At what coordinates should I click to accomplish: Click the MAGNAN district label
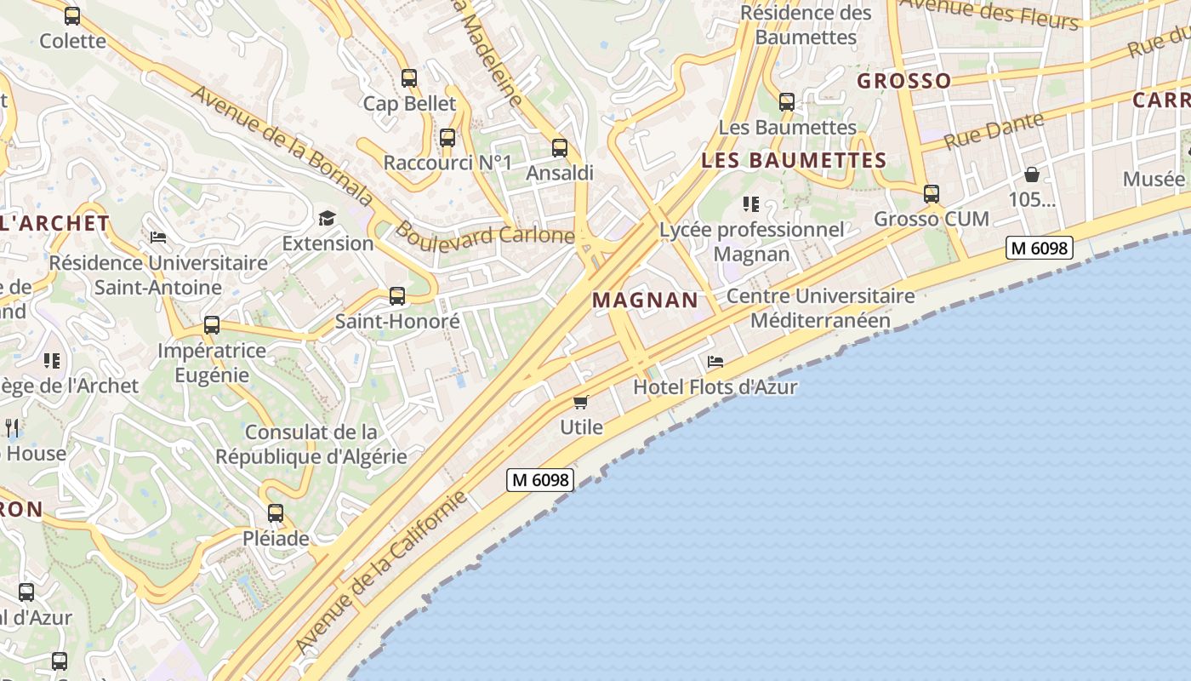[645, 300]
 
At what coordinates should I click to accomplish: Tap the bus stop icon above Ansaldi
[560, 147]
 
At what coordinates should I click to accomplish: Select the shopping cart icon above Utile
[581, 402]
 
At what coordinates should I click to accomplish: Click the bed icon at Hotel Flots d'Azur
[715, 362]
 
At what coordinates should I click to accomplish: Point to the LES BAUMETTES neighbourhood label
[794, 160]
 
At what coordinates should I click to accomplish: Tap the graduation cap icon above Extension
[328, 218]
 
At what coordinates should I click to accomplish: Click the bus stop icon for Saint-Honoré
[397, 296]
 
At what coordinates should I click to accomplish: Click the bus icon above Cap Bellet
[409, 78]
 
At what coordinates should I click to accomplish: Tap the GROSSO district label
[903, 81]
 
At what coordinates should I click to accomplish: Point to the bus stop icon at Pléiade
[276, 513]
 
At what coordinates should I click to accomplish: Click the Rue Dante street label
[994, 130]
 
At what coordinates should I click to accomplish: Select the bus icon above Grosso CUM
[932, 194]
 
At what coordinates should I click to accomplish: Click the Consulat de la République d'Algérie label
[311, 444]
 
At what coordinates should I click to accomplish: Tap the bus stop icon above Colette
[72, 15]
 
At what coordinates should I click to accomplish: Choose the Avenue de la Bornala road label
[282, 145]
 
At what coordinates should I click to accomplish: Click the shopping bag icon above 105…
[1032, 175]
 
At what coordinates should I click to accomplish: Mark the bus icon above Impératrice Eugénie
[212, 325]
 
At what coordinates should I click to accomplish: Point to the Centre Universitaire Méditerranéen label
[820, 308]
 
